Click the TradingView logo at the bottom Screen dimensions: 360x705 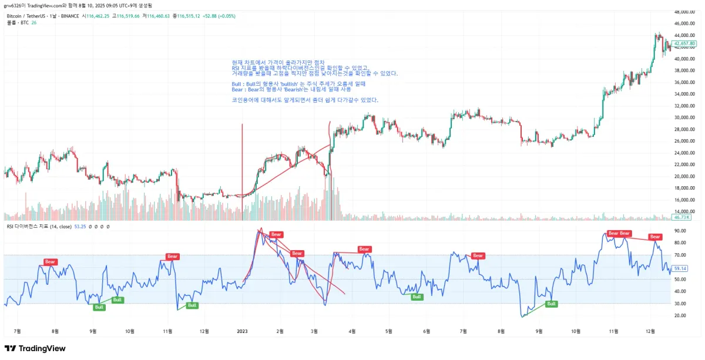click(x=35, y=348)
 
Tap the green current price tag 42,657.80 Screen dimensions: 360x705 click(x=684, y=43)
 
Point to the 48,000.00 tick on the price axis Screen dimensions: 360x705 click(x=684, y=12)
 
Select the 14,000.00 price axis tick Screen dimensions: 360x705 click(x=684, y=211)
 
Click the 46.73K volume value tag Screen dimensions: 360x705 click(x=681, y=217)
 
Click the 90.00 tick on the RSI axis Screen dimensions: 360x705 click(x=680, y=231)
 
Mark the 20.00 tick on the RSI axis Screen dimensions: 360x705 click(x=680, y=315)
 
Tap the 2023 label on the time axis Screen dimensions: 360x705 click(x=242, y=331)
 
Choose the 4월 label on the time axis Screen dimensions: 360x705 click(x=352, y=331)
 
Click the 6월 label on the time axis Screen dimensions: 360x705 click(x=427, y=331)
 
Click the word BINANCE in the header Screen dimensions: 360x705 click(x=69, y=16)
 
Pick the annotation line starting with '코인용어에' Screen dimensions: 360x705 click(x=305, y=100)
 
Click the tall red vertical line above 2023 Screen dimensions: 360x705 click(x=242, y=159)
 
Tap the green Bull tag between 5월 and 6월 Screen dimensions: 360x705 click(x=417, y=297)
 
